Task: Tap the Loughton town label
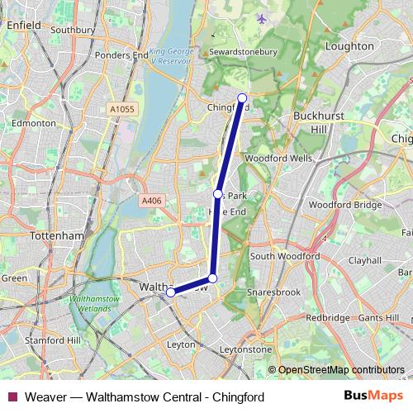click(x=350, y=47)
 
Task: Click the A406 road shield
click(x=150, y=201)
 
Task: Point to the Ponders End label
click(x=116, y=55)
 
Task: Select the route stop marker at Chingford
click(x=242, y=98)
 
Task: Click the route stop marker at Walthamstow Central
click(x=171, y=292)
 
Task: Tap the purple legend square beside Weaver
click(x=12, y=397)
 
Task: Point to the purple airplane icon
click(x=263, y=18)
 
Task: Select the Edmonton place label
click(x=33, y=123)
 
